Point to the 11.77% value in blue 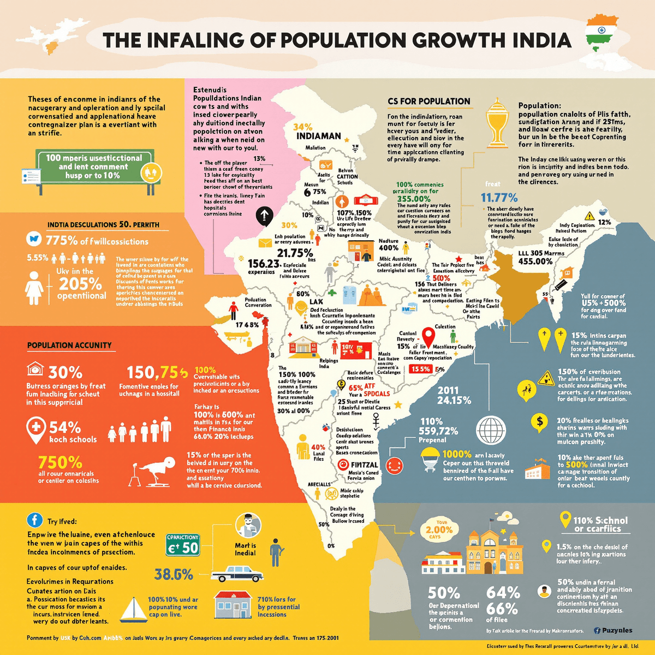point(499,198)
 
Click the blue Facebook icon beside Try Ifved point(35,521)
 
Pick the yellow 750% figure point(60,462)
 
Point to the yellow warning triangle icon point(546,378)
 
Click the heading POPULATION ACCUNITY point(69,345)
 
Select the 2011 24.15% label point(454,395)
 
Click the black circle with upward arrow point(264,216)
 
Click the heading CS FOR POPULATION point(428,101)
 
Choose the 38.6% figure point(174,574)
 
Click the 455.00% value point(536,261)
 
